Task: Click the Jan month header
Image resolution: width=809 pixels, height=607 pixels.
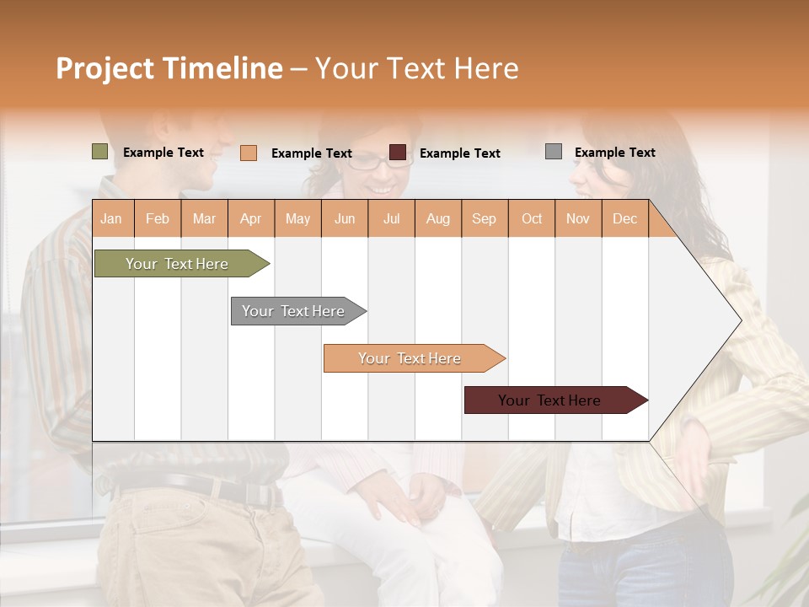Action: [111, 218]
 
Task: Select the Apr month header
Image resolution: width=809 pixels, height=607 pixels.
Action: [250, 218]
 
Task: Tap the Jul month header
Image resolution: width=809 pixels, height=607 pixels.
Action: [391, 218]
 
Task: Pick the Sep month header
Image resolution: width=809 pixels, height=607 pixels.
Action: [484, 218]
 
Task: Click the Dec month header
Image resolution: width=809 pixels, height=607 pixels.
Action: [624, 218]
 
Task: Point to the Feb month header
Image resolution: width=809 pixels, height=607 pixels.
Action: [158, 218]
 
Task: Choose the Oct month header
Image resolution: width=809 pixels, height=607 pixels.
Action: [532, 218]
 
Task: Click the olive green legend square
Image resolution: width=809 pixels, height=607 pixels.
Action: [100, 152]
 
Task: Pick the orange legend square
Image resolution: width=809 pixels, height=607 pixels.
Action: [249, 153]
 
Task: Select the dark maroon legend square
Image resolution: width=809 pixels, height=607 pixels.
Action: [398, 153]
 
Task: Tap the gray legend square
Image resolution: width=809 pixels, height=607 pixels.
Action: [554, 152]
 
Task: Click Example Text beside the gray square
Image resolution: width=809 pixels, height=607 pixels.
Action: [614, 153]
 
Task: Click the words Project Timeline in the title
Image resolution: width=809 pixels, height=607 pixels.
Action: [169, 68]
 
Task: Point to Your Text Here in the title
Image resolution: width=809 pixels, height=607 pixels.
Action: [416, 68]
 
